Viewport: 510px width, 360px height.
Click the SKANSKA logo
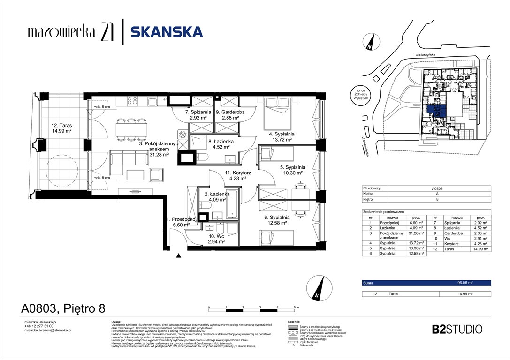[166, 32]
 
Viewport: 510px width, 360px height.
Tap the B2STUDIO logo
[457, 329]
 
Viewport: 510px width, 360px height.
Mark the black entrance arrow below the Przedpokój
[178, 256]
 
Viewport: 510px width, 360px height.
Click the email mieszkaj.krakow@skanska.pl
[47, 330]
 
